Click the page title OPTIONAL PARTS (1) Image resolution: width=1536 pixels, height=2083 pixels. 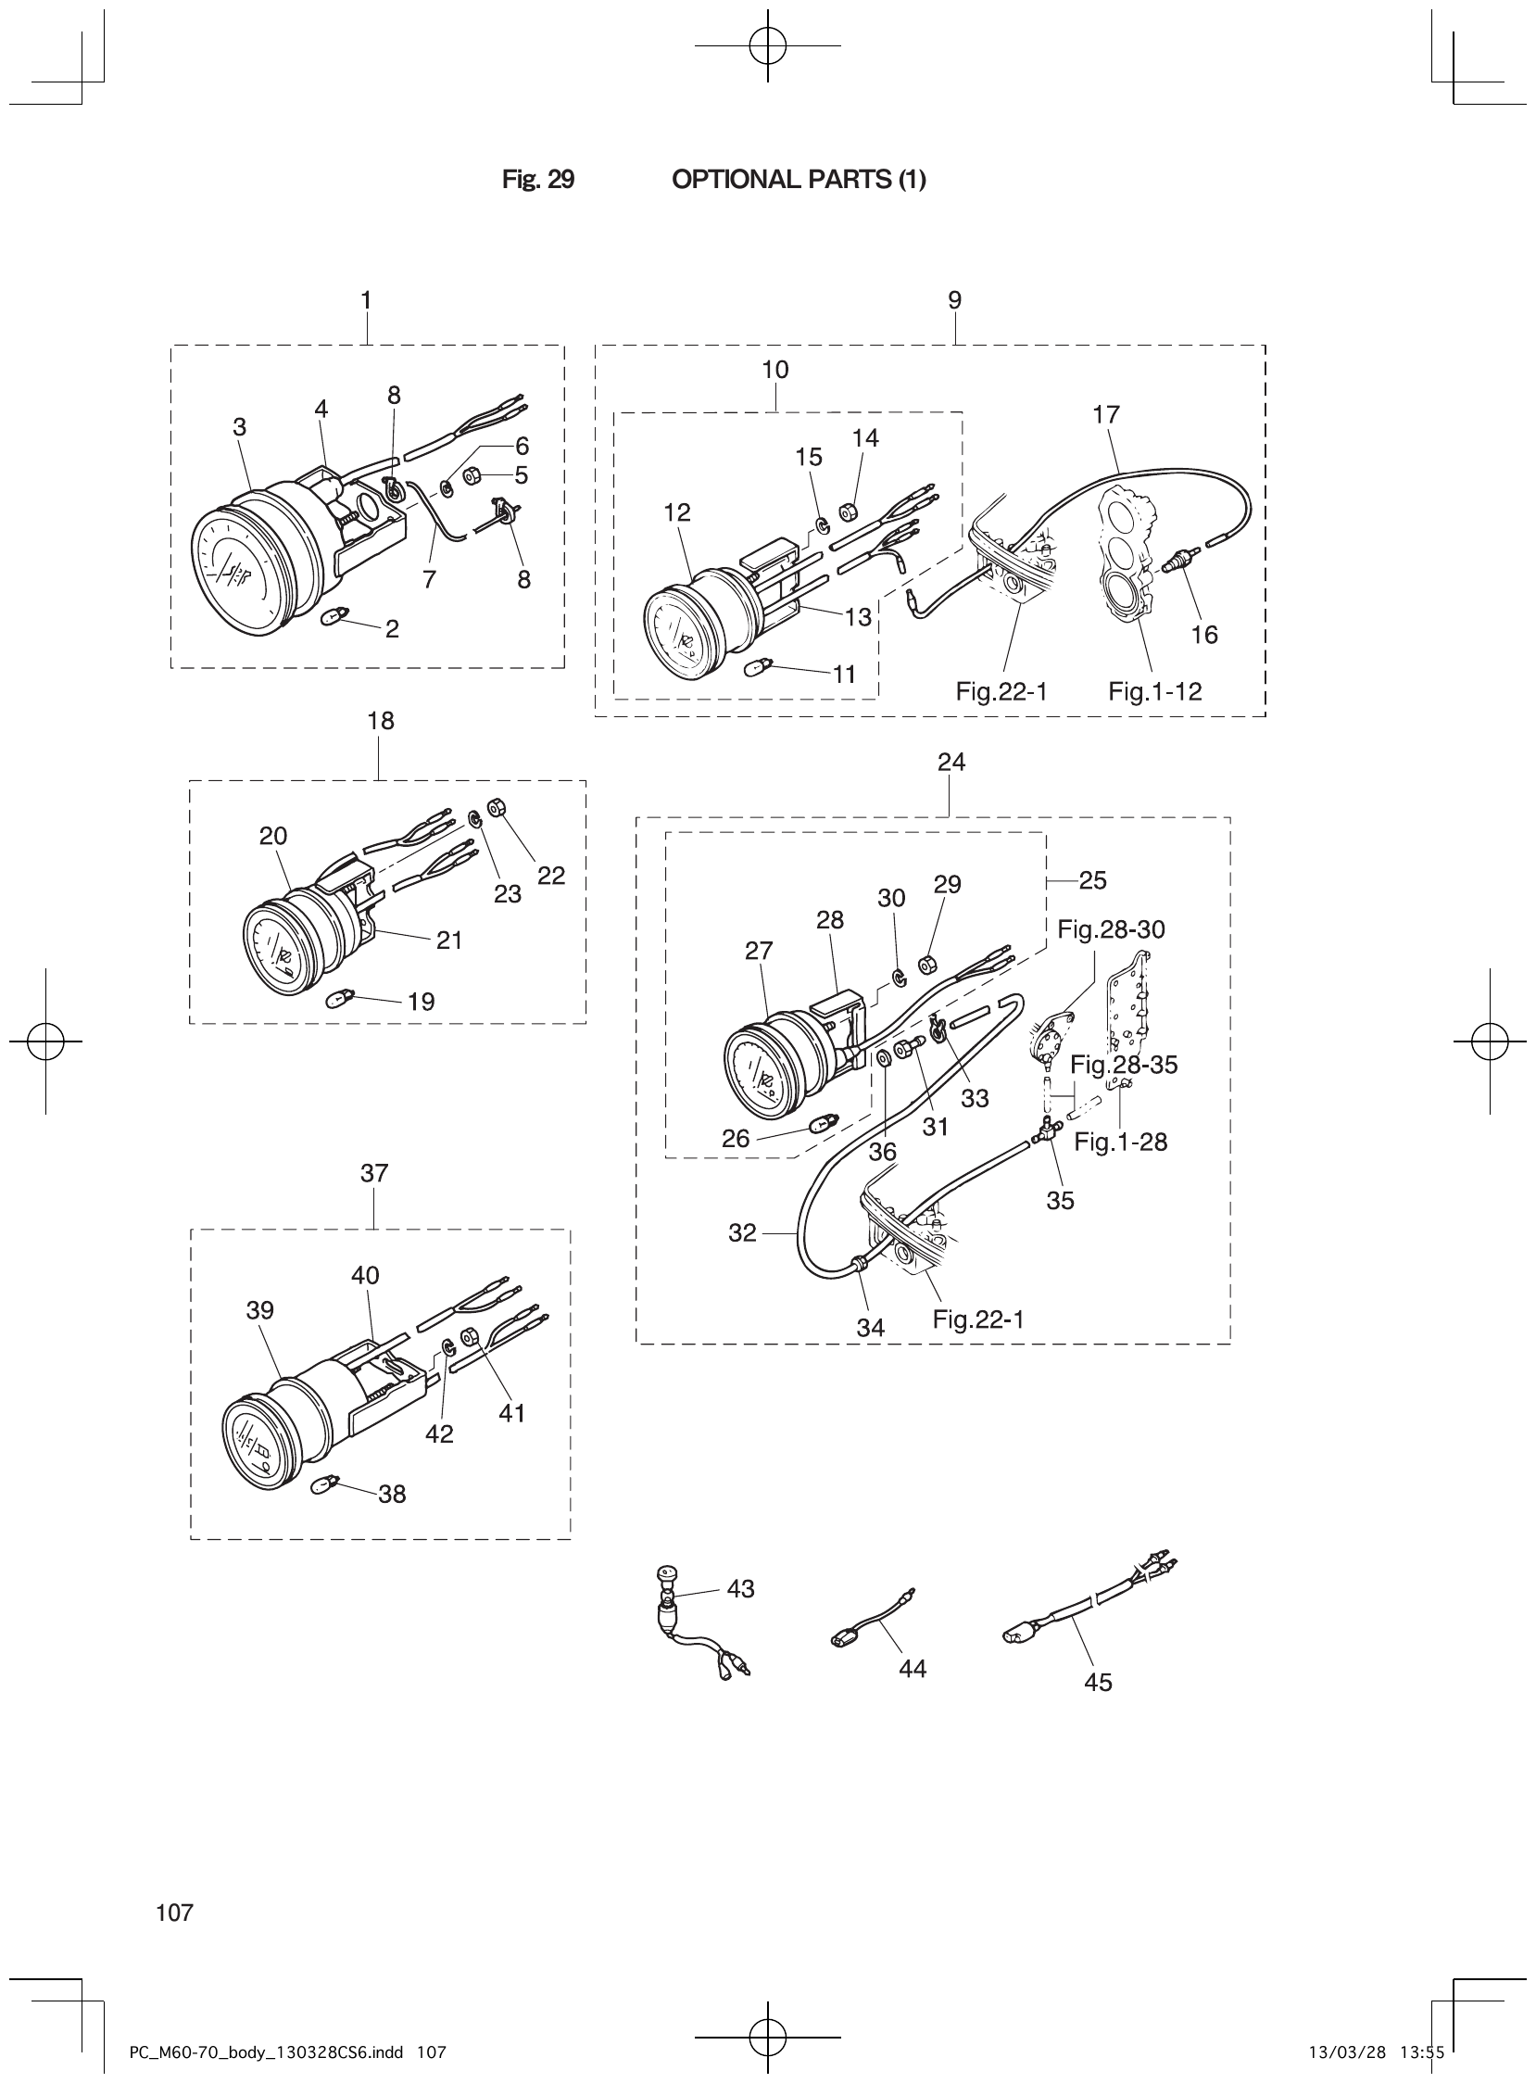(x=798, y=180)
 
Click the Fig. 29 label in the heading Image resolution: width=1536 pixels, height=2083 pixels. (x=538, y=180)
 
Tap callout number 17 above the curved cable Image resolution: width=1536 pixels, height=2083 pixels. (x=1105, y=414)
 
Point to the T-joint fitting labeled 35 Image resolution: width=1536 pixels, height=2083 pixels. (x=1044, y=1132)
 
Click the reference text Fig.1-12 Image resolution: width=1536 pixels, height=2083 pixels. (x=1155, y=691)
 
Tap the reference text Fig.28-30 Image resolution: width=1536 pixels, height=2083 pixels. (x=1111, y=929)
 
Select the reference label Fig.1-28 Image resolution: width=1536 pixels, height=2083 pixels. (x=1120, y=1142)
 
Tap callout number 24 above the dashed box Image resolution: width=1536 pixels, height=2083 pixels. (x=951, y=762)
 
